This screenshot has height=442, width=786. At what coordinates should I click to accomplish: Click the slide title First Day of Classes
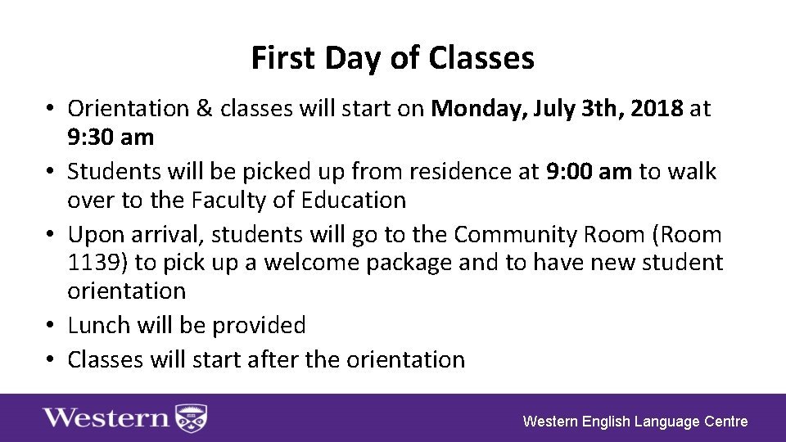pyautogui.click(x=392, y=59)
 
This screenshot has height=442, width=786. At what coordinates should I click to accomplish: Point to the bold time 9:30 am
pyautogui.click(x=111, y=137)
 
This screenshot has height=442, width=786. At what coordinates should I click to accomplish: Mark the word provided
pyautogui.click(x=259, y=325)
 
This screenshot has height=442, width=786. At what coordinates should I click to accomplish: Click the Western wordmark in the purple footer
pyautogui.click(x=106, y=417)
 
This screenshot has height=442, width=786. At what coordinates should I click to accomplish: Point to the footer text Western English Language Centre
pyautogui.click(x=635, y=422)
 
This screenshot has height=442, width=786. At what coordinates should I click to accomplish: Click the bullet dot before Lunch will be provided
pyautogui.click(x=51, y=325)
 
